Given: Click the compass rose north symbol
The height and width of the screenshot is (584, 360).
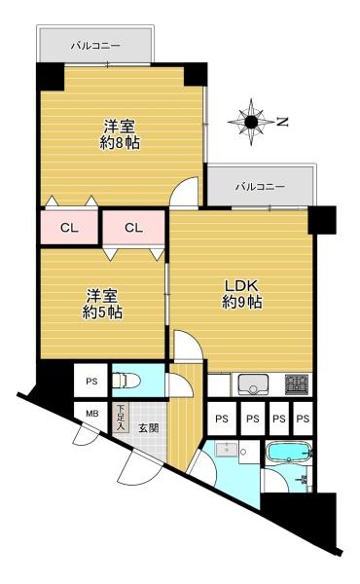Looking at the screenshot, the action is (x=251, y=122).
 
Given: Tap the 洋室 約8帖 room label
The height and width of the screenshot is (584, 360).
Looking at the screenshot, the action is (x=120, y=134).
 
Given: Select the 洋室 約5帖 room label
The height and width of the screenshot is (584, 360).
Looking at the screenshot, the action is (x=102, y=305).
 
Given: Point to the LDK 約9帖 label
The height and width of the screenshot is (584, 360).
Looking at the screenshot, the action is (x=241, y=294).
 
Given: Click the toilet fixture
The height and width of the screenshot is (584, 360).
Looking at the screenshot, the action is (x=126, y=381).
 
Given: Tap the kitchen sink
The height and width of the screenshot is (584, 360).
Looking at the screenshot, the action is (x=253, y=384).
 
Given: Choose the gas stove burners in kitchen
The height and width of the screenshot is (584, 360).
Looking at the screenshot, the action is (x=297, y=384).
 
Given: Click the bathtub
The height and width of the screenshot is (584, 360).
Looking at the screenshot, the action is (x=289, y=453).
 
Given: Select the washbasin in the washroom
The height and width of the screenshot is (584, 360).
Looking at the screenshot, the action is (x=227, y=449).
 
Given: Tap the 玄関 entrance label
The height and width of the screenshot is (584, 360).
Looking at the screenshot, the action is (x=149, y=428).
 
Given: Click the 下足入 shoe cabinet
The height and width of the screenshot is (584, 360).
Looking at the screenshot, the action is (x=120, y=418).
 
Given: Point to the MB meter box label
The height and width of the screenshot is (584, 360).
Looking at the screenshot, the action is (x=92, y=414).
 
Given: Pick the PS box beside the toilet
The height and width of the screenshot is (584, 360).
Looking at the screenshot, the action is (x=91, y=381).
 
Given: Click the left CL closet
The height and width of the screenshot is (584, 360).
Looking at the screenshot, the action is (x=69, y=228).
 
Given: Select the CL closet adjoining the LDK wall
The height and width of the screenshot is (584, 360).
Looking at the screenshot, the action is (x=133, y=228).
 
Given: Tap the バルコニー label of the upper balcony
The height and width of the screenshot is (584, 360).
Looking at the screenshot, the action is (x=96, y=46).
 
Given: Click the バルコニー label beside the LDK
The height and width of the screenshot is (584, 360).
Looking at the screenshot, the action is (x=261, y=186).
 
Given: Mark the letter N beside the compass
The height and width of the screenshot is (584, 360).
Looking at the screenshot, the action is (x=282, y=122).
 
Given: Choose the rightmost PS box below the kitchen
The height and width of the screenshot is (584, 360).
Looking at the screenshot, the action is (x=303, y=419).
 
